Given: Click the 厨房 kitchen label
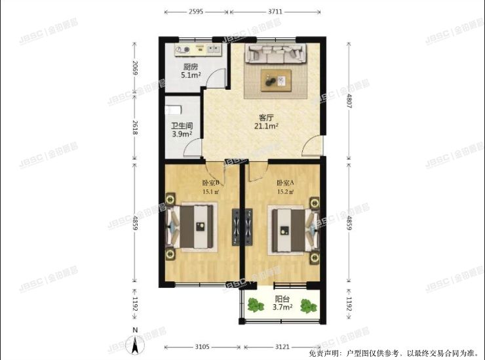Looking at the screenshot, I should click(191, 66).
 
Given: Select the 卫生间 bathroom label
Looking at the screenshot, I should click(182, 126).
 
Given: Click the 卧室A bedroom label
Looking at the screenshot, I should click(285, 183).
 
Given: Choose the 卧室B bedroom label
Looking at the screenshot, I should click(210, 183).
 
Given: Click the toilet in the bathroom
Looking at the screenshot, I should click(171, 108).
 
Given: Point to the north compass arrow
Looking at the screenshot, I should click(135, 343).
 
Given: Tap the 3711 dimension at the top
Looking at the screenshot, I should click(275, 12).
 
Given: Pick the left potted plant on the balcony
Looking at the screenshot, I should click(253, 304).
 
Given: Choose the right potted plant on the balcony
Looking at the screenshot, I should click(307, 306).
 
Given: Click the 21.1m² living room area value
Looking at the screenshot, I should click(268, 127).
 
